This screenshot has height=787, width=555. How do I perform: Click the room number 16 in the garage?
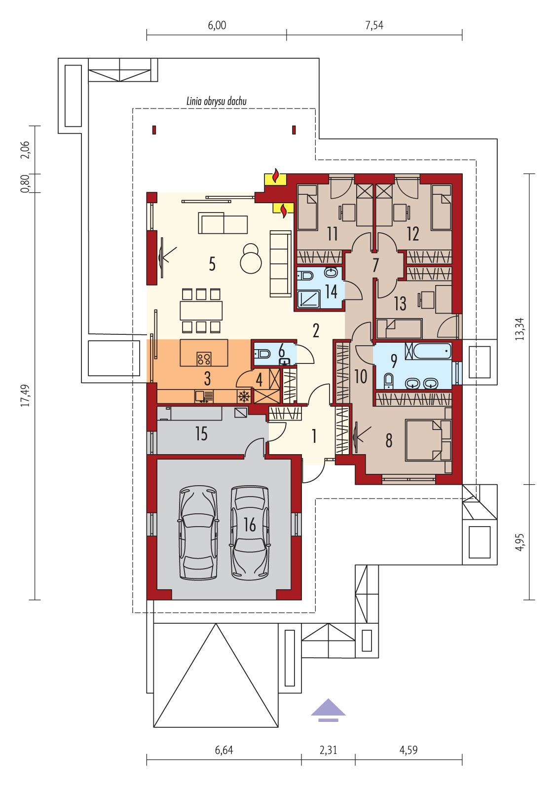[x=250, y=525]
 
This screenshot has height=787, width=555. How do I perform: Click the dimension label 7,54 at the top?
[x=374, y=26]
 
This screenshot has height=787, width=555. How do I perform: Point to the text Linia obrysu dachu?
[x=217, y=101]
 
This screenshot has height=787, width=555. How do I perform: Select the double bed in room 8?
[x=427, y=440]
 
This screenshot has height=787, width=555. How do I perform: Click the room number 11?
[x=332, y=234]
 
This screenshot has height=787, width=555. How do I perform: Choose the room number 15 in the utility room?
[x=201, y=434]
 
